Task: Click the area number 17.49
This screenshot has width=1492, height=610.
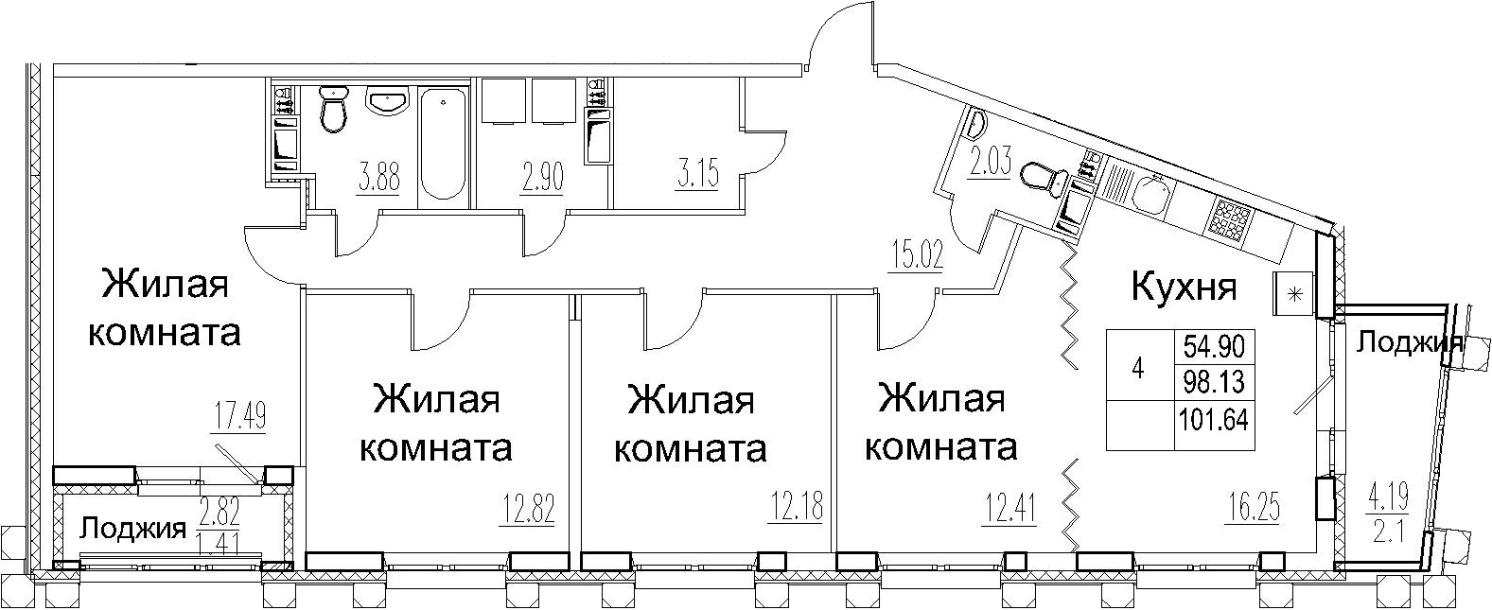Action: pyautogui.click(x=237, y=417)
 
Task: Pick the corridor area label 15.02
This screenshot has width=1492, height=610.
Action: pyautogui.click(x=916, y=256)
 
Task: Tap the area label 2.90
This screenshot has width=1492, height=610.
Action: pyautogui.click(x=543, y=176)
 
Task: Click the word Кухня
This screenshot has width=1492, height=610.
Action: pyautogui.click(x=1184, y=287)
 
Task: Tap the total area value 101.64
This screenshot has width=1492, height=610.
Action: pyautogui.click(x=1213, y=417)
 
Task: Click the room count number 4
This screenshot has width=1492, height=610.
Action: pyautogui.click(x=1138, y=370)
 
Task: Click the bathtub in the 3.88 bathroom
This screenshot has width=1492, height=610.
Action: pyautogui.click(x=442, y=144)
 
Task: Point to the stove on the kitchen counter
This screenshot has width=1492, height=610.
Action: pyautogui.click(x=1229, y=219)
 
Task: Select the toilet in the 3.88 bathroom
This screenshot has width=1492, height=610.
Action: pyautogui.click(x=332, y=110)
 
